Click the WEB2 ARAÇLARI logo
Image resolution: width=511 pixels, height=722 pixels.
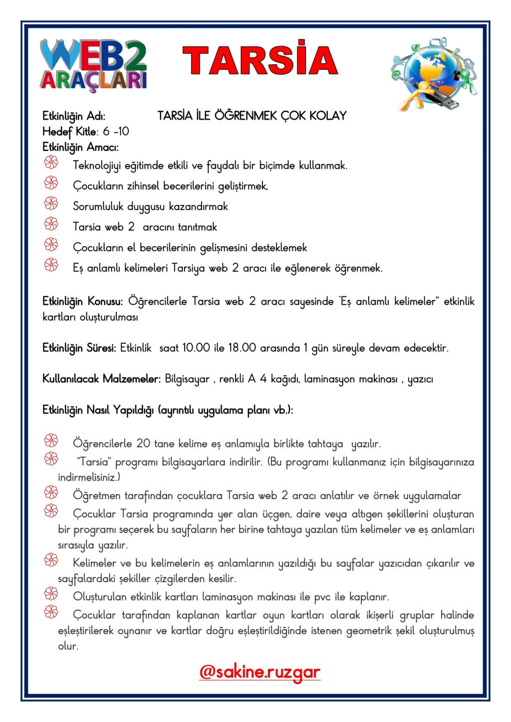(94, 65)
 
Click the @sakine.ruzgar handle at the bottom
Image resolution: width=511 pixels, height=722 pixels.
(259, 672)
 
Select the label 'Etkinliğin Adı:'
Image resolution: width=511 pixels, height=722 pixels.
(74, 116)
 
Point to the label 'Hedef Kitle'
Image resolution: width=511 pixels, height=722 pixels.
(69, 132)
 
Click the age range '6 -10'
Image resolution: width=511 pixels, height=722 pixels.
(116, 132)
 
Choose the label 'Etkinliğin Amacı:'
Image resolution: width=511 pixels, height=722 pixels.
(80, 147)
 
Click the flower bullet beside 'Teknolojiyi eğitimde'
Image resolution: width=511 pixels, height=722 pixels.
(51, 163)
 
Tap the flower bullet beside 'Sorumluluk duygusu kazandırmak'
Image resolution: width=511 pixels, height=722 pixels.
(51, 204)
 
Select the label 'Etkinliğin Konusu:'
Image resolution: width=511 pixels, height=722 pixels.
(82, 302)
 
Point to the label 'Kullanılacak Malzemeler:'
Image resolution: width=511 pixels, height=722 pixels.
(101, 379)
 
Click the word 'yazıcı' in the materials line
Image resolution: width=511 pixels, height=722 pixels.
(420, 379)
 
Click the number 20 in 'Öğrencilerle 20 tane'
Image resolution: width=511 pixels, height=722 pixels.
(143, 443)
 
